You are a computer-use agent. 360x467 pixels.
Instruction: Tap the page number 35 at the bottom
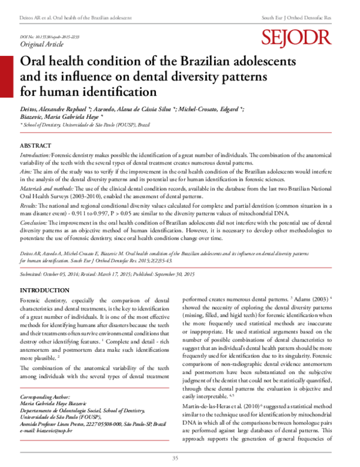(176, 459)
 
